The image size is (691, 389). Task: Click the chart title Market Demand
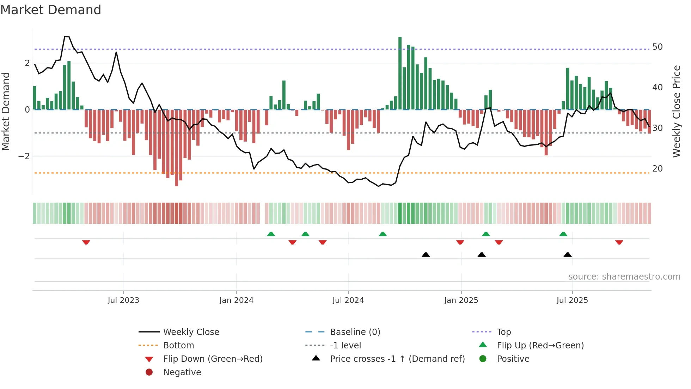coord(51,10)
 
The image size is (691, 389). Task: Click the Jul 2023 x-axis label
coord(123,300)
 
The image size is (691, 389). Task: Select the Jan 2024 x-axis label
coord(236,300)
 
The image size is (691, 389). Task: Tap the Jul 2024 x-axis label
coord(348,300)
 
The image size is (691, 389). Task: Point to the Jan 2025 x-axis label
coord(461,300)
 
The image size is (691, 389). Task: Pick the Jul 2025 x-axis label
coord(572,300)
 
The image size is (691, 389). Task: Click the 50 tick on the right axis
coord(658,47)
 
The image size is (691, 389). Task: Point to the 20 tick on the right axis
coord(658,169)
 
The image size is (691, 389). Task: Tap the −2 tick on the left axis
coord(24,156)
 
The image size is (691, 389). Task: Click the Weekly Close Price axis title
coord(676,111)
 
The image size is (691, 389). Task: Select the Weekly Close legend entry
coord(191,332)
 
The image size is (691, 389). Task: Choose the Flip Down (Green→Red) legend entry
coord(213,359)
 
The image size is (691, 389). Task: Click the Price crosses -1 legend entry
coord(397,359)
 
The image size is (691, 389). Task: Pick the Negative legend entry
coord(182,372)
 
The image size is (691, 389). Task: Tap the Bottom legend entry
coord(178,346)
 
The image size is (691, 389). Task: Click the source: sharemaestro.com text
coord(624,277)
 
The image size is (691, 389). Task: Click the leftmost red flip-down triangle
coord(86,242)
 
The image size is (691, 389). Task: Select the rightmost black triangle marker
coord(567,255)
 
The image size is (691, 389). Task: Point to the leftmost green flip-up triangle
coord(271,234)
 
